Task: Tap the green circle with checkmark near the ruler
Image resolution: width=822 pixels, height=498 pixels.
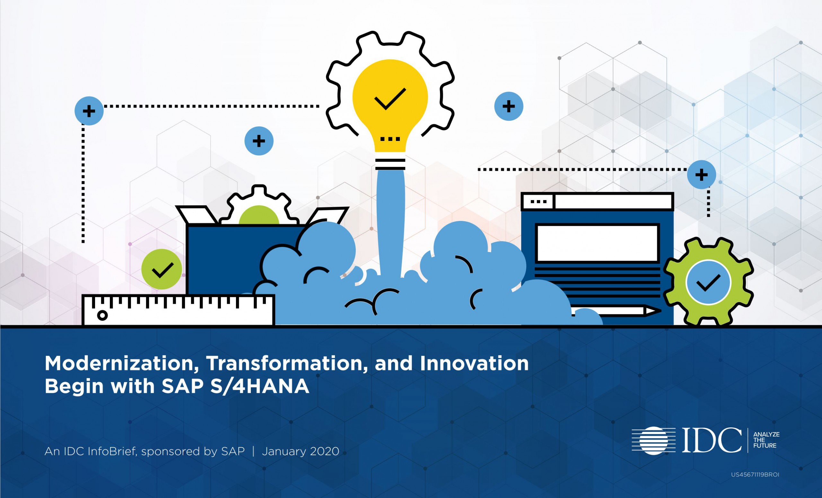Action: pyautogui.click(x=162, y=269)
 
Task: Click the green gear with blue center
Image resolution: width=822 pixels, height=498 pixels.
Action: pyautogui.click(x=708, y=282)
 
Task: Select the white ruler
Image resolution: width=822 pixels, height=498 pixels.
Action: pyautogui.click(x=179, y=310)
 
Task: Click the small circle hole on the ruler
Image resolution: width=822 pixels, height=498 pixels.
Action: pyautogui.click(x=102, y=315)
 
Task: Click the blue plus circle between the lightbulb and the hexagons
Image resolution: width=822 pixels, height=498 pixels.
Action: pyautogui.click(x=508, y=106)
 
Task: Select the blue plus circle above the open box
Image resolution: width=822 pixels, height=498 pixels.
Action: pyautogui.click(x=259, y=141)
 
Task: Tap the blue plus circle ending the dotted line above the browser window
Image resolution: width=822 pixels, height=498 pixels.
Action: pyautogui.click(x=701, y=175)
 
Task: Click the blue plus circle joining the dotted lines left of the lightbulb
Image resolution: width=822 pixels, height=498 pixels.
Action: pyautogui.click(x=89, y=111)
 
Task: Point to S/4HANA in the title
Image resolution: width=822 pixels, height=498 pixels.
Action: pyautogui.click(x=259, y=386)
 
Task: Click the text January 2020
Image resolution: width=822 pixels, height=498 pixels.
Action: pyautogui.click(x=300, y=451)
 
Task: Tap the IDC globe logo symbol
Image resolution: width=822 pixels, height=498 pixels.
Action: pyautogui.click(x=653, y=440)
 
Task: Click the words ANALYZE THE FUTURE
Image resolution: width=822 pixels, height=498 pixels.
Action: pyautogui.click(x=766, y=440)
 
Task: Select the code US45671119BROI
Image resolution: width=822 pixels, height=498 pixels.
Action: pyautogui.click(x=755, y=475)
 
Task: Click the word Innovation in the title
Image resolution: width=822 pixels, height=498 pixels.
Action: pyautogui.click(x=474, y=363)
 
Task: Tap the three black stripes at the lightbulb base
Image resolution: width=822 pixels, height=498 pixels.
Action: pyautogui.click(x=390, y=164)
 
